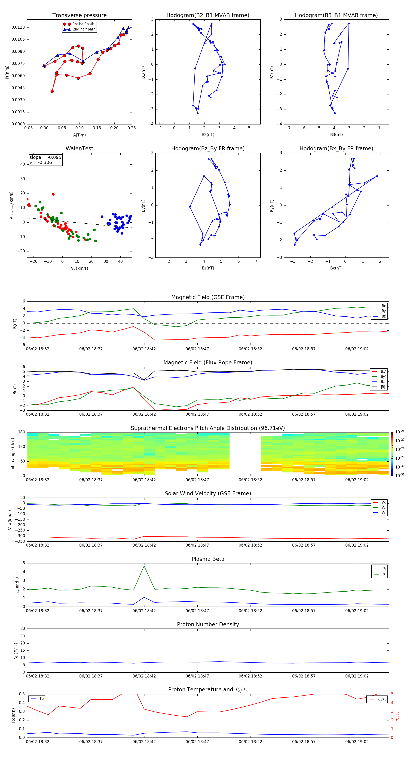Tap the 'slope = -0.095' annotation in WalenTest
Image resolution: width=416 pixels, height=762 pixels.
45,157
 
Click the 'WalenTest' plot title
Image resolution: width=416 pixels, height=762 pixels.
79,148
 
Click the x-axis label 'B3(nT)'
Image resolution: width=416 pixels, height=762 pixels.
336,135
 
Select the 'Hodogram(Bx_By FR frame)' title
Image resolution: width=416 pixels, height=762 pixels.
336,148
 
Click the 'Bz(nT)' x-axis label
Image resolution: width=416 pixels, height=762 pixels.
208,268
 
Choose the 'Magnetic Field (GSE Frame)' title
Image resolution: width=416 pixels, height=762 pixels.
208,297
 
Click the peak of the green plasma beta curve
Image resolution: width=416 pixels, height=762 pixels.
144,566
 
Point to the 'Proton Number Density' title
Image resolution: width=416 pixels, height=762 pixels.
208,624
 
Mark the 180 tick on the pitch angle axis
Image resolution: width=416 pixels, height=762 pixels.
22,432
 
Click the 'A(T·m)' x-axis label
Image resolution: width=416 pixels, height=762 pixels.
79,135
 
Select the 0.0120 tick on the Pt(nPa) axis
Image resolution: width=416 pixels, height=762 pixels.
18,27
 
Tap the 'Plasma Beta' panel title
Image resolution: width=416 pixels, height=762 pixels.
208,559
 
